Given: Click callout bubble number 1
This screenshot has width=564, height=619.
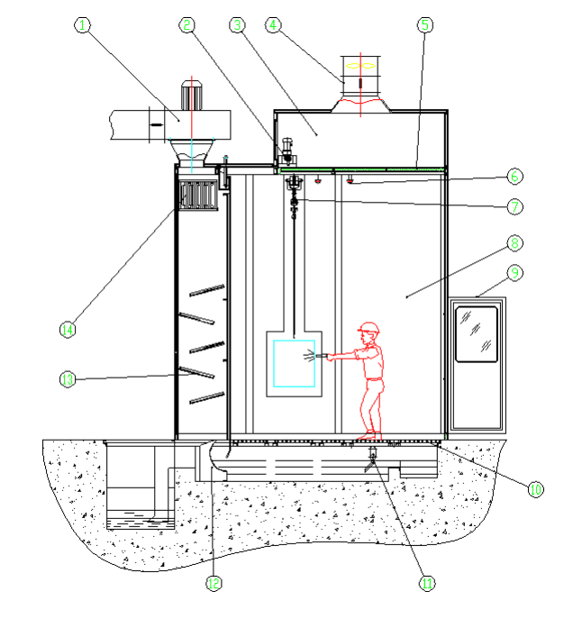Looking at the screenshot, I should [83, 26].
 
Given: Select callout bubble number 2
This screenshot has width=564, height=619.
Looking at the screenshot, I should [187, 26].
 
